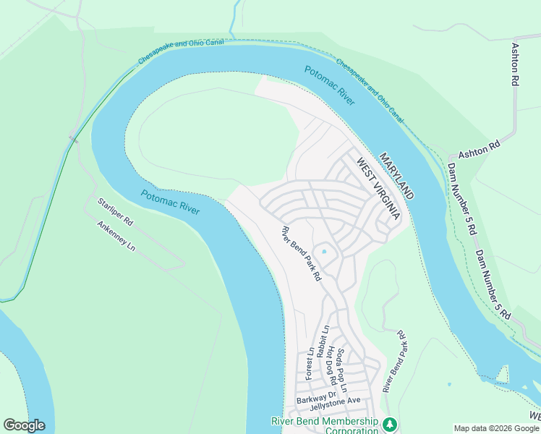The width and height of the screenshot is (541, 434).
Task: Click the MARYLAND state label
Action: [x=397, y=176]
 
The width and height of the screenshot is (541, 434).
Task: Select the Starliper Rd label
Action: [x=115, y=210]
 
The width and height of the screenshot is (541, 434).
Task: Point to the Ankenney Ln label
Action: [x=116, y=235]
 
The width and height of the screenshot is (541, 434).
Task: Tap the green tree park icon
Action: [x=390, y=423]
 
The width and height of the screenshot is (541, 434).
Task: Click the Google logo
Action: [x=24, y=425]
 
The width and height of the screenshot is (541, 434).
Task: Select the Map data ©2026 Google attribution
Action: [x=495, y=428]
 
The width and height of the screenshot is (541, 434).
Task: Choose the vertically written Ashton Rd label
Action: [x=516, y=64]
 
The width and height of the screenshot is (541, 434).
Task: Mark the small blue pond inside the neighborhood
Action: [x=324, y=252]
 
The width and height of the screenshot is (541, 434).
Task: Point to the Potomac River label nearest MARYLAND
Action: [x=329, y=85]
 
